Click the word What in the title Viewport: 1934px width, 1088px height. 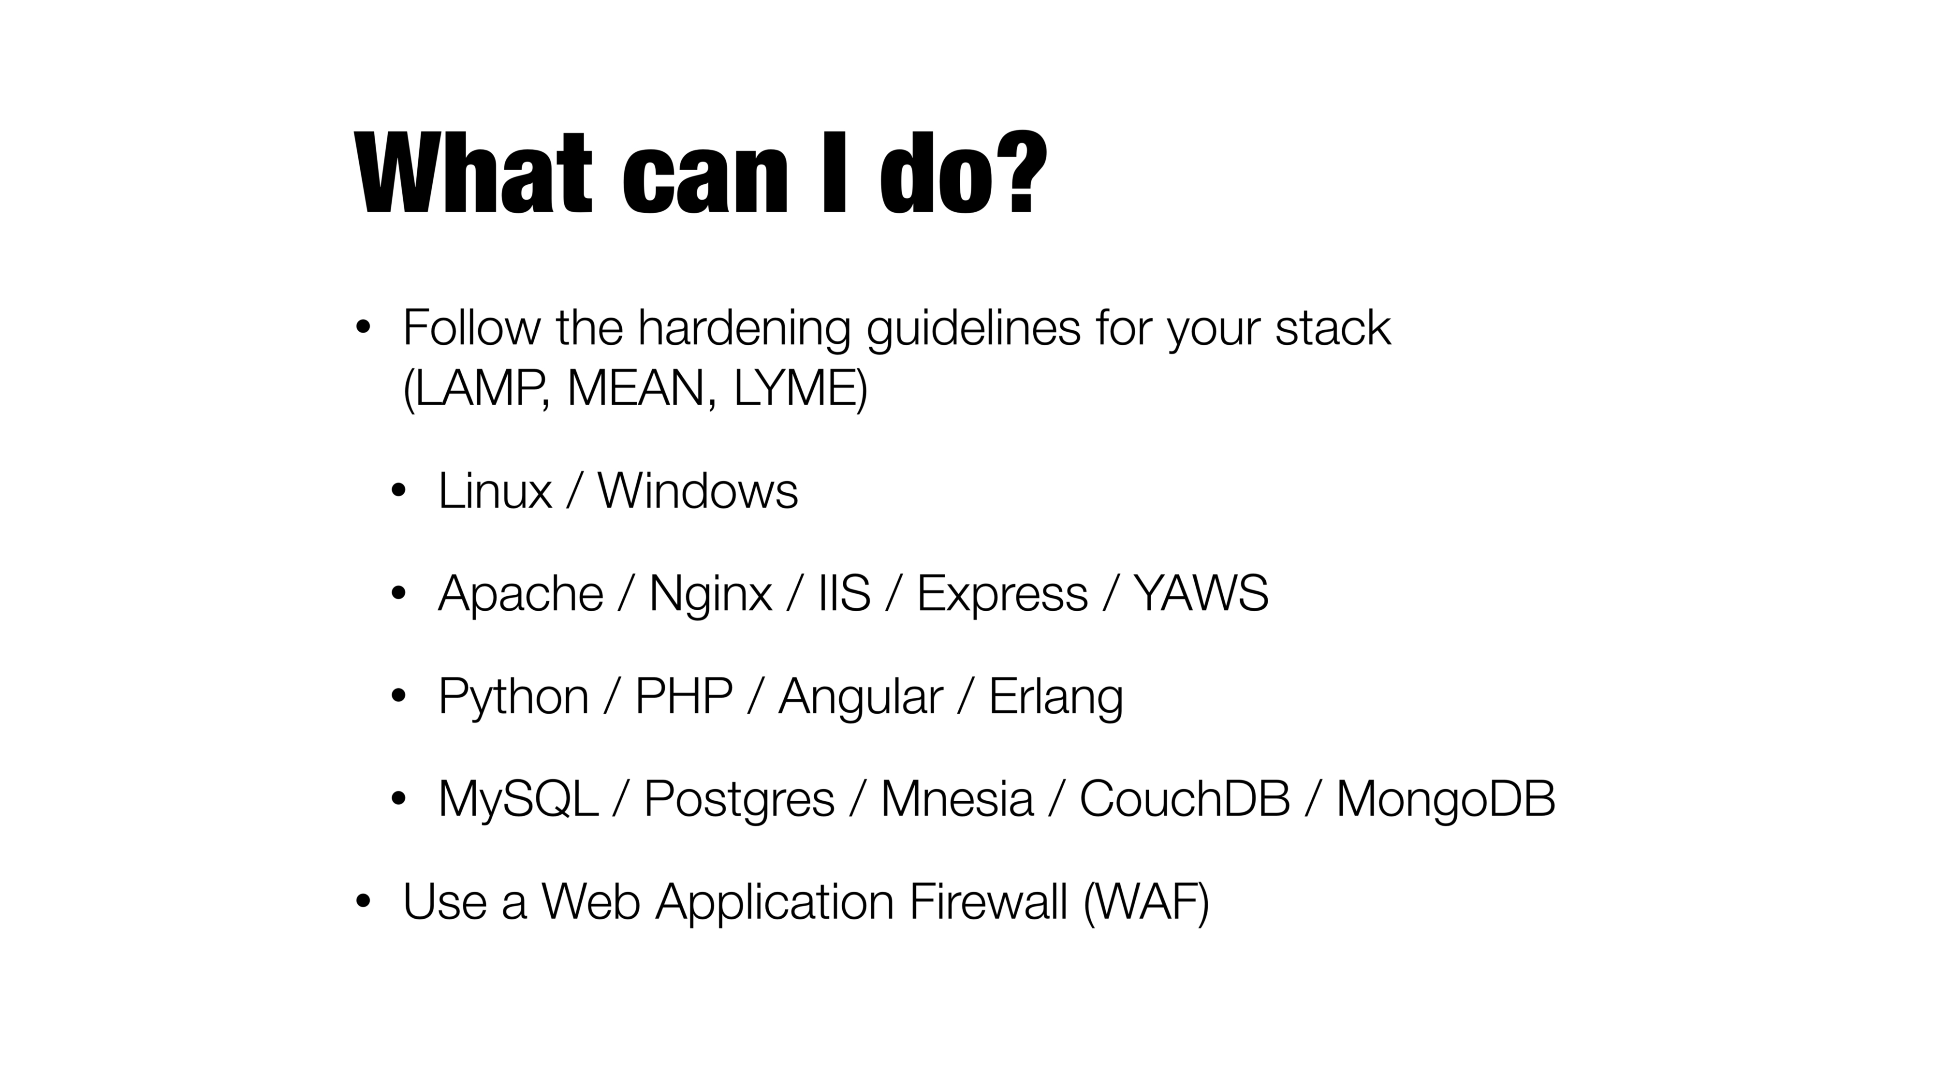click(x=474, y=174)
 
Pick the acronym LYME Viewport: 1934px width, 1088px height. click(x=795, y=389)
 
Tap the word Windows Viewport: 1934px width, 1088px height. click(x=698, y=491)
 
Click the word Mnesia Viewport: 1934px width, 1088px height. click(x=956, y=799)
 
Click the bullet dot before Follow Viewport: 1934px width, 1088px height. click(x=364, y=328)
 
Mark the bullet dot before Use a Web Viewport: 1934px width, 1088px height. click(x=364, y=902)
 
